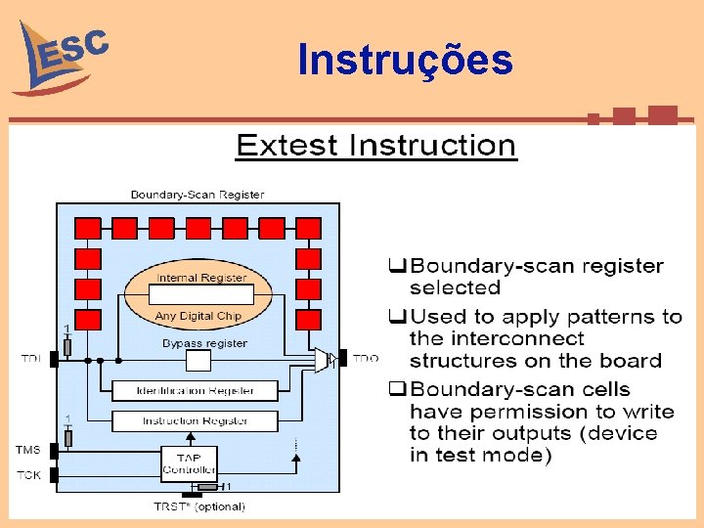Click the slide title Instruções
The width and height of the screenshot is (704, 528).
(405, 61)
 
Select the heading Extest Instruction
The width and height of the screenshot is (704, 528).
(375, 147)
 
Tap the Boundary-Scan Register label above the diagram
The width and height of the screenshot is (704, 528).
(198, 195)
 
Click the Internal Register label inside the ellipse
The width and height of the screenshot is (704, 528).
(202, 278)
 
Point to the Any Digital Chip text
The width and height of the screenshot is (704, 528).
(198, 316)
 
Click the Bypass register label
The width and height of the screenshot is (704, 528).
(204, 343)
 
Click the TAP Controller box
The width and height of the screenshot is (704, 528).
(189, 462)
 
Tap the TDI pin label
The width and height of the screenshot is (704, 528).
(31, 360)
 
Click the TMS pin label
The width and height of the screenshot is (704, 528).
(28, 450)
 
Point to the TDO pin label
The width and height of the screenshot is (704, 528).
(365, 359)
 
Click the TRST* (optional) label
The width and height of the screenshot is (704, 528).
(199, 506)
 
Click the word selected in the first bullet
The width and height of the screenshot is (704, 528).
(455, 288)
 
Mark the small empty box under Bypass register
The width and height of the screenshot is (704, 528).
(198, 361)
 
